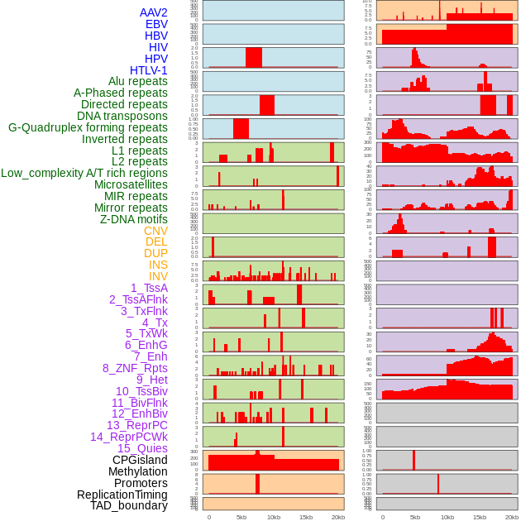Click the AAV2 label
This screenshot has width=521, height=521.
tap(153, 13)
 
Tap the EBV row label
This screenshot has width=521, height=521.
tap(156, 25)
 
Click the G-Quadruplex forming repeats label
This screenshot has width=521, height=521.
tap(88, 127)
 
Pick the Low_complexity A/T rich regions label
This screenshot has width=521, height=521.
tap(84, 173)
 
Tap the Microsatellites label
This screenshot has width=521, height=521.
tap(131, 184)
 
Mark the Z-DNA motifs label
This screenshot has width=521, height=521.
tap(134, 219)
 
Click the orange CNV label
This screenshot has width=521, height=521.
tap(155, 231)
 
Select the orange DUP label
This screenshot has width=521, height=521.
tap(155, 253)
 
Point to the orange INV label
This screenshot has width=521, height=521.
tap(157, 276)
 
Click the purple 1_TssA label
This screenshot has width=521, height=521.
tap(149, 288)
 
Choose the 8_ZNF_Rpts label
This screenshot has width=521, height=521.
tap(135, 368)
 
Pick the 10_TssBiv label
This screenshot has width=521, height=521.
tap(141, 391)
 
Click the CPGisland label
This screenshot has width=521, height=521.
tap(140, 460)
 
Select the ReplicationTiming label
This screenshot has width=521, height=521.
tap(122, 495)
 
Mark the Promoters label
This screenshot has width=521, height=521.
tap(141, 483)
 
